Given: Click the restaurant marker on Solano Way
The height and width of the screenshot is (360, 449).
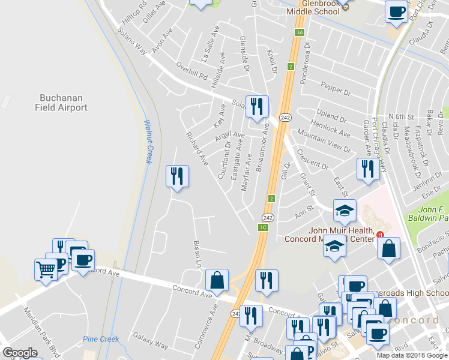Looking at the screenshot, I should coord(257,107).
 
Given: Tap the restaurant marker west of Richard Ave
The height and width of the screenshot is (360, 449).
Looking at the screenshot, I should coord(177,176).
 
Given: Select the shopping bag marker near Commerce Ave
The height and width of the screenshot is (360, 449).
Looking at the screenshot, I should coord(217,280).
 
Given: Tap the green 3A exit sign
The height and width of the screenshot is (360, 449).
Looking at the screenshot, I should coord(300,32).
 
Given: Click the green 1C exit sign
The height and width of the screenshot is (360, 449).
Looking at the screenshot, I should coord(262,227).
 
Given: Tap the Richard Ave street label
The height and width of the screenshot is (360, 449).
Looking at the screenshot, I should coord(196,149).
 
